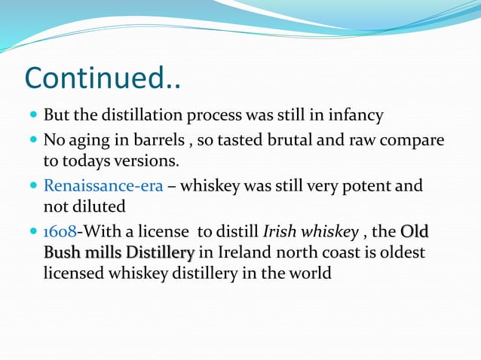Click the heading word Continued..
(x=103, y=79)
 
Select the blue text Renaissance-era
(x=103, y=185)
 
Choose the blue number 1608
(x=60, y=230)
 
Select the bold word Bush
(x=62, y=252)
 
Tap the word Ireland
(x=243, y=252)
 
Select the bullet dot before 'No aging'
(x=33, y=141)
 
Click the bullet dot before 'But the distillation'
(x=33, y=117)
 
